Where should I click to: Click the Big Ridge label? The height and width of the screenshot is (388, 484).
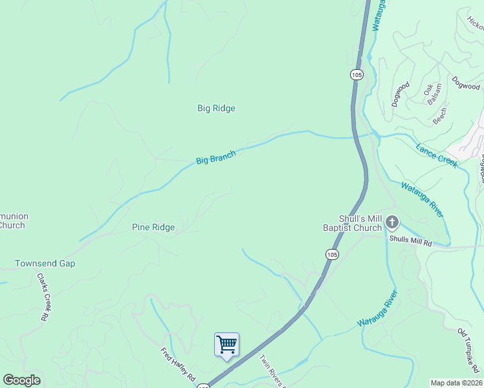(x=216, y=108)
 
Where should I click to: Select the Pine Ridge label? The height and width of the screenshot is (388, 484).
(x=153, y=227)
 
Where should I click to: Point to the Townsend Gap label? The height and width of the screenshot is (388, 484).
(x=45, y=264)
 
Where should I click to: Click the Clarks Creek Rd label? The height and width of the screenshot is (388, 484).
(x=43, y=297)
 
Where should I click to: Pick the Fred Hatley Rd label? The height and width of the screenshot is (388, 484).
(x=178, y=367)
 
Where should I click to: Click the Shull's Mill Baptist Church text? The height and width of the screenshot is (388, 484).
(x=352, y=223)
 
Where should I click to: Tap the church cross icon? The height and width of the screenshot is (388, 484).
(x=391, y=223)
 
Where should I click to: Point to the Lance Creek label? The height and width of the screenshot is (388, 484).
(x=437, y=155)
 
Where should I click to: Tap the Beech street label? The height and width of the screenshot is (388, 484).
(x=440, y=116)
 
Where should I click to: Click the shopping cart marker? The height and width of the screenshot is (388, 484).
(x=226, y=344)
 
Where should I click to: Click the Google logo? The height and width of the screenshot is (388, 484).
(x=21, y=380)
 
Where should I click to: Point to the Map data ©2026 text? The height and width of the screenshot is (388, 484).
(x=456, y=382)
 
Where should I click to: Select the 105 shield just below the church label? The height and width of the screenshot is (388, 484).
(x=332, y=255)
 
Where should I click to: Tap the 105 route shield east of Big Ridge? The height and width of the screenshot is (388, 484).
(x=357, y=75)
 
